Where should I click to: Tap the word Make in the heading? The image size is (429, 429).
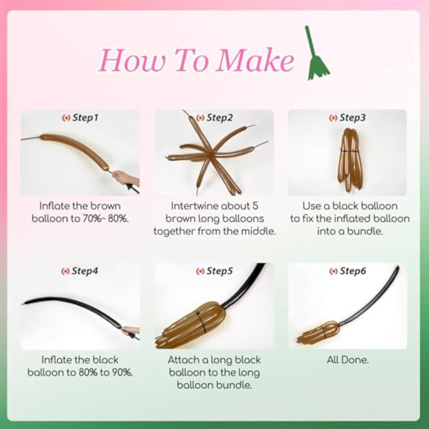(x=255, y=60)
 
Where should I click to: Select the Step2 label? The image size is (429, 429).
(x=214, y=118)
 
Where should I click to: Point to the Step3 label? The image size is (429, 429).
(x=347, y=118)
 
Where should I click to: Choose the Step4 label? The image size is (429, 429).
(x=80, y=271)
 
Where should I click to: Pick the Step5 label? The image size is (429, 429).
(x=214, y=271)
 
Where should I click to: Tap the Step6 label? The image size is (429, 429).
(x=347, y=271)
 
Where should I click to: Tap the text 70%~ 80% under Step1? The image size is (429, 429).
(x=106, y=219)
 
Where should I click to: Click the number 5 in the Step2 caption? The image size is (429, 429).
(x=255, y=206)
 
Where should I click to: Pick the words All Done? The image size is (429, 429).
(x=348, y=360)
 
